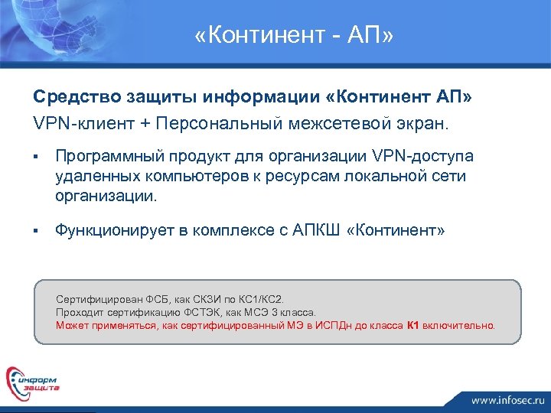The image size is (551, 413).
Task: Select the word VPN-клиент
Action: (75, 122)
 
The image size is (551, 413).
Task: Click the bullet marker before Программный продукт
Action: (35, 157)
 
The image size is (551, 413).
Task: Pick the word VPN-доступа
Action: (429, 157)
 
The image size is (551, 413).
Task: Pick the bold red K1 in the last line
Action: (412, 324)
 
